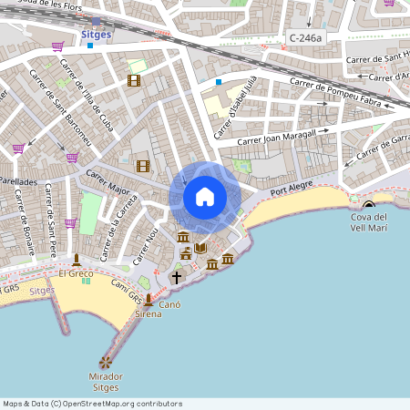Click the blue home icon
(204, 196)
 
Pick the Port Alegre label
(292, 188)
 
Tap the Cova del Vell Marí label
(369, 222)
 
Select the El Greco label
(76, 273)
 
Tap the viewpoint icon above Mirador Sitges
(106, 363)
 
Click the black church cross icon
(178, 276)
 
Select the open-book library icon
(200, 248)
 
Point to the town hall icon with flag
(185, 239)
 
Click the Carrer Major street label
(108, 182)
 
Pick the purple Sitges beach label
(42, 290)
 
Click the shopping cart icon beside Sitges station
(57, 46)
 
